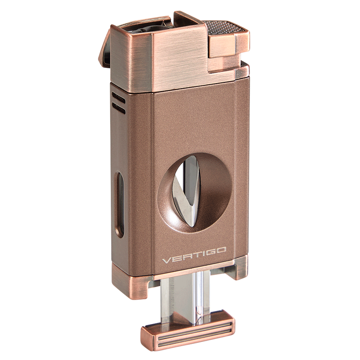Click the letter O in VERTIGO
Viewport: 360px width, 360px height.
tap(221, 250)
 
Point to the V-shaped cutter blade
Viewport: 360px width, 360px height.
tap(186, 190)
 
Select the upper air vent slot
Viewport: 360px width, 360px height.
tap(118, 97)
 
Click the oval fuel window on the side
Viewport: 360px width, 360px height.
tap(120, 204)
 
